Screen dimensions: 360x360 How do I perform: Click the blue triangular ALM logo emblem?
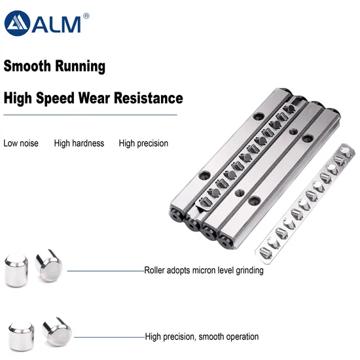pos(17,23)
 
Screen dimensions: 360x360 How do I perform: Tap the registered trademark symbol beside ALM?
pos(86,16)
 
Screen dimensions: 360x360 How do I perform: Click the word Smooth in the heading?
pos(27,66)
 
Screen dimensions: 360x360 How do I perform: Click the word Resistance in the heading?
pos(149,98)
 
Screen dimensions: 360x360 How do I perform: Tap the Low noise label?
pos(21,143)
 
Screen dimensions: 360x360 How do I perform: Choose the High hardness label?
pos(79,143)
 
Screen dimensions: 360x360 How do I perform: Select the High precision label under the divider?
pos(143,143)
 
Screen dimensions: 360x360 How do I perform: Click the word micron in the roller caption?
pos(202,270)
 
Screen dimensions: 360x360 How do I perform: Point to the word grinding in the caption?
pos(249,270)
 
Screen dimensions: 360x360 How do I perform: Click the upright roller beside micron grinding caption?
pos(16,270)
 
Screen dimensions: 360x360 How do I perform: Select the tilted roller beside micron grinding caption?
pos(49,266)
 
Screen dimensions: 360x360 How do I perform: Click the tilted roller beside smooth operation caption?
pos(57,332)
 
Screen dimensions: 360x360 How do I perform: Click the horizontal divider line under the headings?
pos(90,115)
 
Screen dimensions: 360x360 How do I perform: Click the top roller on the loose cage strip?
pos(346,152)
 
